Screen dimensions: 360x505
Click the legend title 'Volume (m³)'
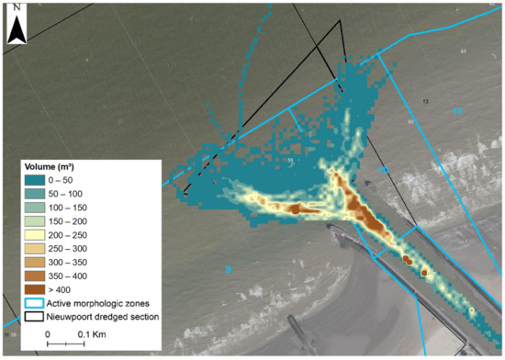pos(56,168)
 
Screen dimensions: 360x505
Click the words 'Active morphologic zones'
pos(106,302)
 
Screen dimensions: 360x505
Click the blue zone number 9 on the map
pos(228,269)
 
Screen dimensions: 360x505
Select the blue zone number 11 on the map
pos(456,112)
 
